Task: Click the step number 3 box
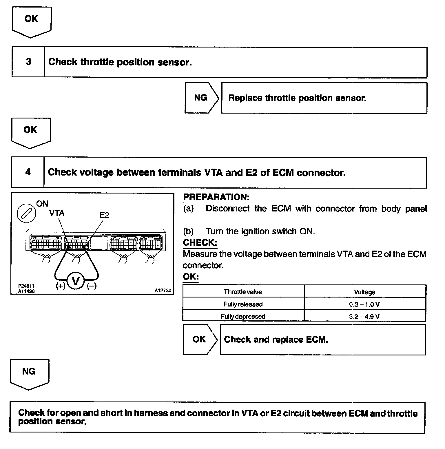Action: click(28, 62)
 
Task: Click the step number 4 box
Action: click(28, 172)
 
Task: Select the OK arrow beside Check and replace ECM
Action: click(200, 340)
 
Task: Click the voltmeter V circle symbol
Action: click(76, 281)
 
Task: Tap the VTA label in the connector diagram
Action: click(56, 213)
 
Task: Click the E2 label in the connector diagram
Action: click(104, 215)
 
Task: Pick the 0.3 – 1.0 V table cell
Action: click(364, 304)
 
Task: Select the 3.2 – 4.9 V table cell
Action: click(364, 316)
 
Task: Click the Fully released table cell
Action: click(243, 304)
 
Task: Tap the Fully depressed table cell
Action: click(243, 316)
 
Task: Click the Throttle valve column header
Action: click(243, 292)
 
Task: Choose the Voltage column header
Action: click(364, 292)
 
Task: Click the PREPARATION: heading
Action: click(216, 197)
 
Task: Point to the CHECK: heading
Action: click(200, 243)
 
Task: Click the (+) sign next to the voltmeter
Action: click(60, 286)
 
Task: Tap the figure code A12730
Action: click(163, 291)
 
